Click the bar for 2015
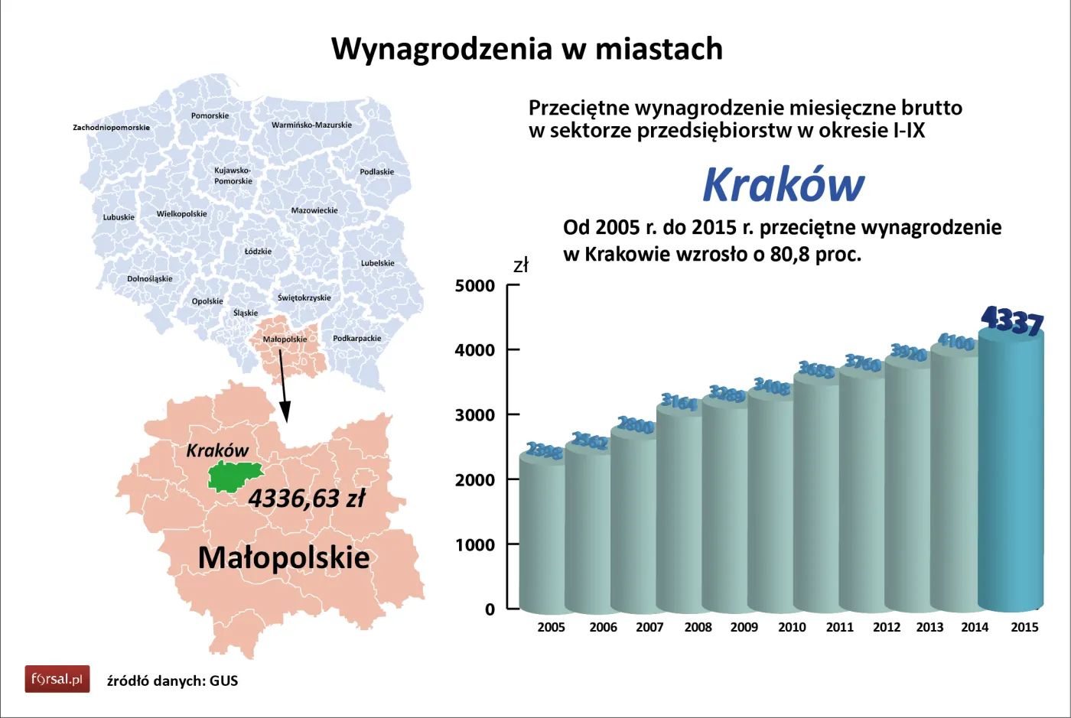[1011, 474]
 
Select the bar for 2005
[542, 535]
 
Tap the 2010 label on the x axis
[792, 627]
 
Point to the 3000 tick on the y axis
[475, 415]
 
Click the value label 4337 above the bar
[1012, 320]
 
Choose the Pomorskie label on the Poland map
[210, 115]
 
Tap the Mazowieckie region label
[314, 210]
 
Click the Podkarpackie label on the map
[356, 338]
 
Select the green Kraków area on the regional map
[235, 476]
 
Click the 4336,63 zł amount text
[307, 499]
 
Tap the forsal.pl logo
[57, 679]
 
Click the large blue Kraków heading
[783, 185]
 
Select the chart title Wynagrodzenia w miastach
[526, 49]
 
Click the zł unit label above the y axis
[520, 266]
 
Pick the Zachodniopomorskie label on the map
[111, 127]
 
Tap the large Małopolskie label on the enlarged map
[284, 557]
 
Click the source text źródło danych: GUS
[172, 681]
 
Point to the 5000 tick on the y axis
[475, 286]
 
